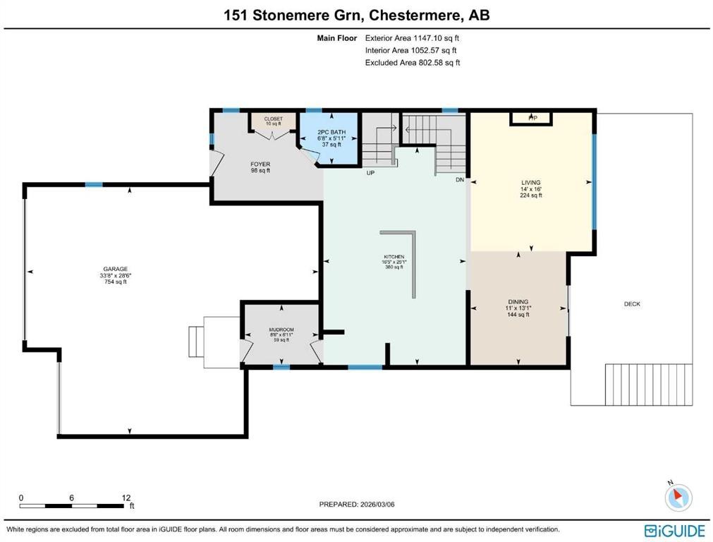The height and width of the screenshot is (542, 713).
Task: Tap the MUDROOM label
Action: tap(281, 330)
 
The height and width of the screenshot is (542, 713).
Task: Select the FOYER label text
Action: tap(260, 164)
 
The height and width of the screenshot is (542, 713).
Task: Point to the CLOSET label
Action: tap(273, 119)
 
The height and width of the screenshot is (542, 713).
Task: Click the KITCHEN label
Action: tap(394, 256)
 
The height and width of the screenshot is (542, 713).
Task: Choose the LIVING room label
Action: tap(531, 183)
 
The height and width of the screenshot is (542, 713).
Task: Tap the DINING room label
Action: tap(518, 301)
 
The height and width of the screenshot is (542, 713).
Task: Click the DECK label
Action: tap(632, 304)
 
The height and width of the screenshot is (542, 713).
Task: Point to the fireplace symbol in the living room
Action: tap(532, 118)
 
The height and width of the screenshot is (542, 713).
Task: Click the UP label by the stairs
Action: tap(370, 171)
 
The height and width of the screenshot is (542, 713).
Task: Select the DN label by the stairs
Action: tap(460, 180)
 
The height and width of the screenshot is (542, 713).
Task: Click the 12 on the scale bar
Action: tap(126, 498)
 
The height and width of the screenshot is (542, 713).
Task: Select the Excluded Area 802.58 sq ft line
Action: tap(413, 63)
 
